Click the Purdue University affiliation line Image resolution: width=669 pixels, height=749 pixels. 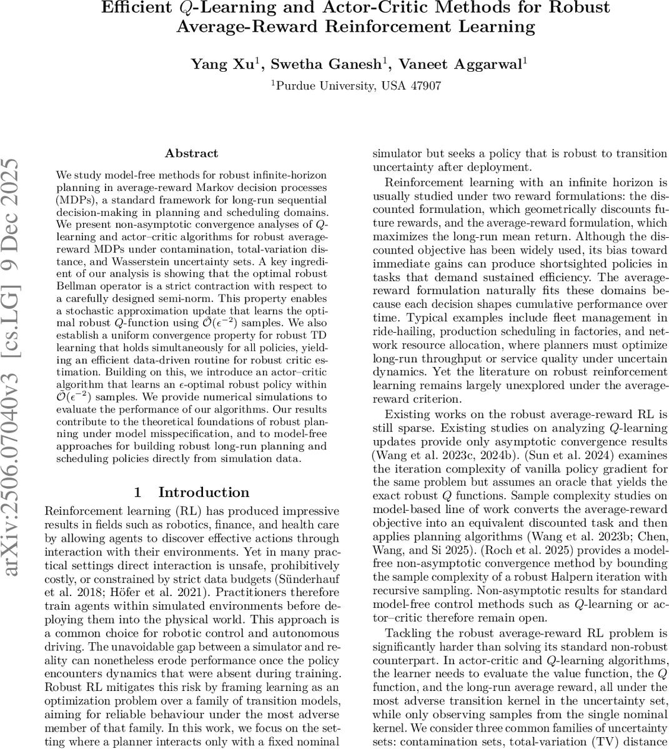click(356, 86)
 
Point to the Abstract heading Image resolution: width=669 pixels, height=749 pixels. click(191, 153)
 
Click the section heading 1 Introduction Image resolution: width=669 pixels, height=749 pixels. click(192, 492)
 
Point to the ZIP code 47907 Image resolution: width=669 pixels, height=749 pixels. click(425, 86)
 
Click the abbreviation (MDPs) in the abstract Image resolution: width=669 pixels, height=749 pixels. click(74, 200)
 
